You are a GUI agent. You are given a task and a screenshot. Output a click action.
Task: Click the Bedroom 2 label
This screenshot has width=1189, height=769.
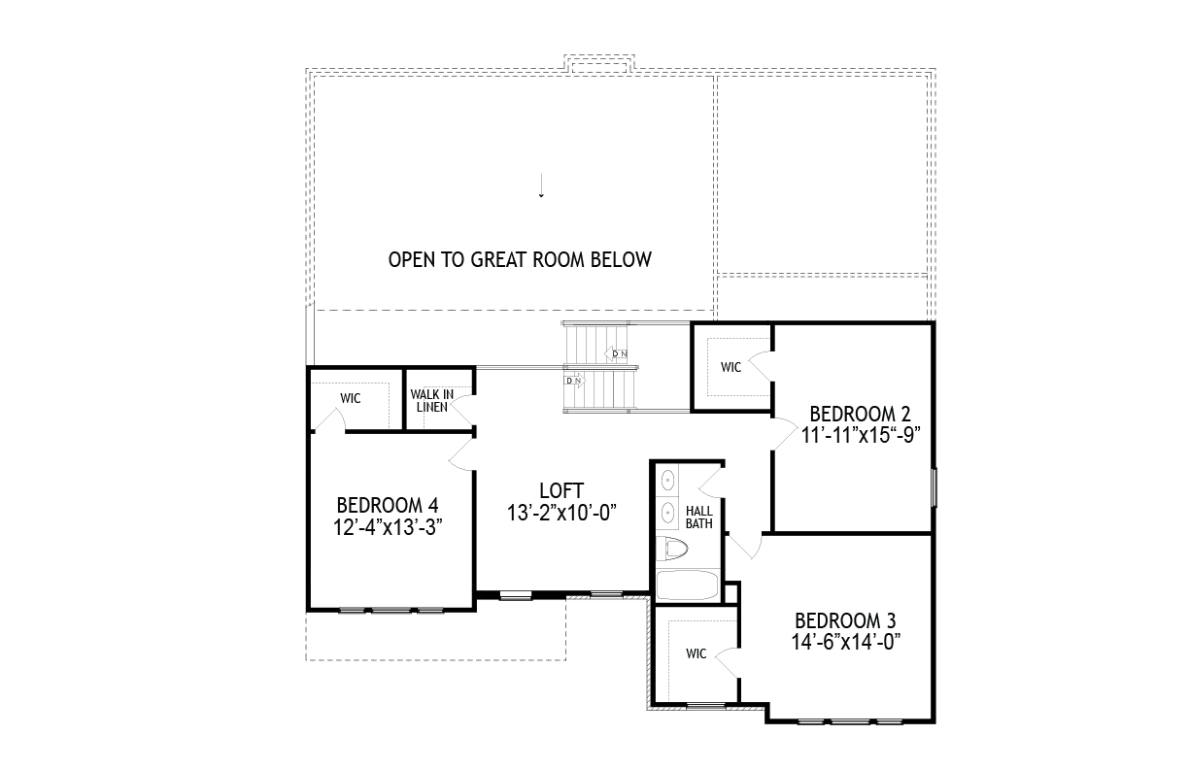click(860, 414)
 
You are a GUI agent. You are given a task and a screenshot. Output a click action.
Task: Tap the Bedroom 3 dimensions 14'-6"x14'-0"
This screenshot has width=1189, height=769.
click(846, 642)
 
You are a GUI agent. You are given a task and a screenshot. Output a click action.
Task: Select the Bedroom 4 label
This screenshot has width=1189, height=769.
click(388, 505)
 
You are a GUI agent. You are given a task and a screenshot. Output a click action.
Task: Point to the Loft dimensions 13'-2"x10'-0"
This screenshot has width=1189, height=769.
click(561, 514)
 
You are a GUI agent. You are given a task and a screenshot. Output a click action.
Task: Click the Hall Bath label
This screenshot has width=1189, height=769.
click(699, 518)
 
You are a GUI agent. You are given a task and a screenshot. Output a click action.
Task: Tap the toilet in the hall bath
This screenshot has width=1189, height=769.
click(672, 549)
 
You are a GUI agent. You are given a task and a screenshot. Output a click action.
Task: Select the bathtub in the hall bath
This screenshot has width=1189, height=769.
click(688, 585)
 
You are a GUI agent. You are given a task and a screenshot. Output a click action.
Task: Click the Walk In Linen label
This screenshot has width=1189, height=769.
click(432, 401)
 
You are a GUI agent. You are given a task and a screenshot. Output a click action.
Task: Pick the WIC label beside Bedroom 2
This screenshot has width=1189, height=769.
click(730, 367)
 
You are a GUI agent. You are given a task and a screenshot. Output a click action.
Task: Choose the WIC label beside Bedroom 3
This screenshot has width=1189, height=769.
click(696, 653)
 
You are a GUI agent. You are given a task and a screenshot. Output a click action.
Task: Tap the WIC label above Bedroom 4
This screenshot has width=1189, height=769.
click(351, 398)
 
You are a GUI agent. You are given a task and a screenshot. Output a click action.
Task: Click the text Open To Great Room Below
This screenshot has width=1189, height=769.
click(521, 259)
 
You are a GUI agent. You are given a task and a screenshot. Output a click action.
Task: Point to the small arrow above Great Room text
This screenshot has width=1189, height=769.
click(541, 185)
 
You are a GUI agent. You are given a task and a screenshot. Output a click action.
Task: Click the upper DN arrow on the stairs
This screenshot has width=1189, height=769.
click(616, 353)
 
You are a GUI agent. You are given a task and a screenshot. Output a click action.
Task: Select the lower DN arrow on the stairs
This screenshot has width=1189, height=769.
click(574, 381)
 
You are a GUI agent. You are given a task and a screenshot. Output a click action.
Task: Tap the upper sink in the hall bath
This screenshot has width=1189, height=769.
click(667, 481)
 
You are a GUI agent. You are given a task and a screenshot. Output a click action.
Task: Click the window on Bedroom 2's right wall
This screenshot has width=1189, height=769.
click(934, 487)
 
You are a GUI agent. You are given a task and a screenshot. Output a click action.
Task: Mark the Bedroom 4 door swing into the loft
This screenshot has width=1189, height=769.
click(460, 454)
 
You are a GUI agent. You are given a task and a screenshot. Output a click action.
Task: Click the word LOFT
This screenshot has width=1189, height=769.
click(561, 490)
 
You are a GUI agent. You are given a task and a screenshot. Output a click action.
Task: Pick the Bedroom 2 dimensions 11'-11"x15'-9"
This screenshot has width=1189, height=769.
click(860, 435)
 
